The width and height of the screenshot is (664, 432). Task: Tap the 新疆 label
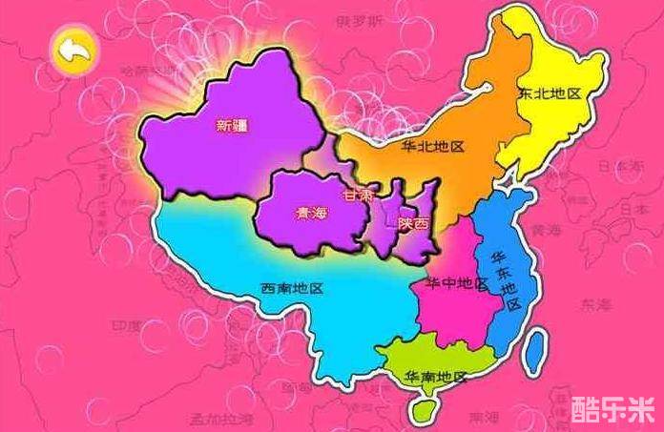click(x=232, y=124)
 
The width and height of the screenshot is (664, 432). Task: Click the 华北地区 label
click(x=432, y=147)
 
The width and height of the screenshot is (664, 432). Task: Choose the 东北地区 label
click(x=550, y=93)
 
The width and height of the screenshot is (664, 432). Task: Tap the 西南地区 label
click(x=292, y=288)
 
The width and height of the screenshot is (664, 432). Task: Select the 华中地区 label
click(x=457, y=284)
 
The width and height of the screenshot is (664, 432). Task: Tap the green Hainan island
click(x=416, y=408)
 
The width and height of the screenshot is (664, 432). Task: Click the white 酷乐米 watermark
click(x=612, y=409)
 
